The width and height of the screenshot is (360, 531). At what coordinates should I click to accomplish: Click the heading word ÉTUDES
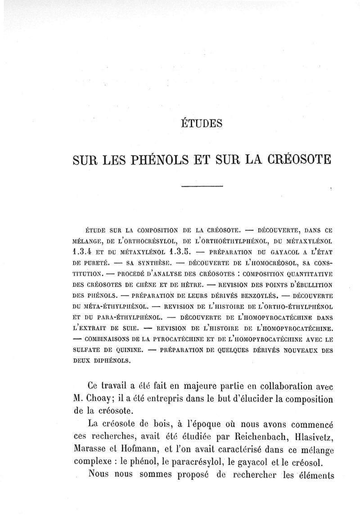[x=201, y=122]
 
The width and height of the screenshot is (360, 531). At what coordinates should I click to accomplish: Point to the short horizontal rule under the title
[x=202, y=186]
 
